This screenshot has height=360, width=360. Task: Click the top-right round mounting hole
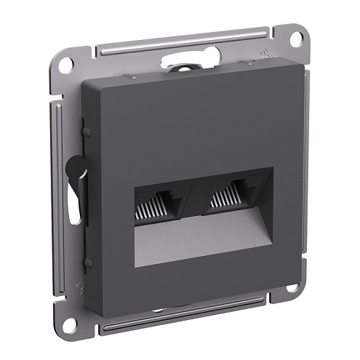point(299,39)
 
